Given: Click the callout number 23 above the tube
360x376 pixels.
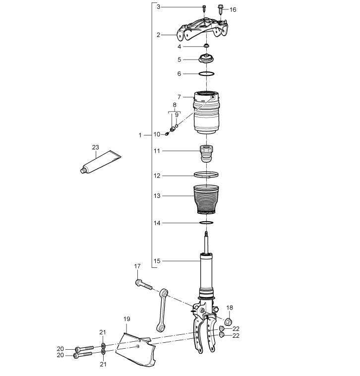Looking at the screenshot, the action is [x=95, y=147].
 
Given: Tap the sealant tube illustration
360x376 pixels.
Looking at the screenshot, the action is [x=101, y=162].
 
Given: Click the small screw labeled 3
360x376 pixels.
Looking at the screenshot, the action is [x=204, y=8].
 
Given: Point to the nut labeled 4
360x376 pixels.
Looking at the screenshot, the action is [x=206, y=46].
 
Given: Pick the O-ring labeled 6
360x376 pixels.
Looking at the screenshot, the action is [x=206, y=73].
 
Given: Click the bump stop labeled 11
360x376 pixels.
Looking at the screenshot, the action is [x=206, y=154].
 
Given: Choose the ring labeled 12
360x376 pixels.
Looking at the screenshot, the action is [x=206, y=175].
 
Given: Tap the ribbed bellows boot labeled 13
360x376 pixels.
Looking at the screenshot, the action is [x=206, y=199].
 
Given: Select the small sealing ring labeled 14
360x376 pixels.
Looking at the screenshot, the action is [x=206, y=223].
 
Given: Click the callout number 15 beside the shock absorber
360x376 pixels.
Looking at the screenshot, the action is [x=157, y=261].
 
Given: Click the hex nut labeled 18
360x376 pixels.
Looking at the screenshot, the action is [x=229, y=322].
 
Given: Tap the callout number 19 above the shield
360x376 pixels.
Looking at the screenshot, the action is [x=127, y=319].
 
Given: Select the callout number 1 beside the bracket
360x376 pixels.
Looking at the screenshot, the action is [x=140, y=135].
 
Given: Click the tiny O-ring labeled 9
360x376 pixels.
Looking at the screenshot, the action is [x=177, y=125].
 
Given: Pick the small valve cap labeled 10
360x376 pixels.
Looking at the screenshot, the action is [x=167, y=133].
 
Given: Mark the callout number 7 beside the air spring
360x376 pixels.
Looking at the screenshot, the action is [x=180, y=97].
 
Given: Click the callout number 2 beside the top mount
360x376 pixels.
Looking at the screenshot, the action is [x=158, y=35].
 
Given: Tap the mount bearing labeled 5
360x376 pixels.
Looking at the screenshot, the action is [x=206, y=59].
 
